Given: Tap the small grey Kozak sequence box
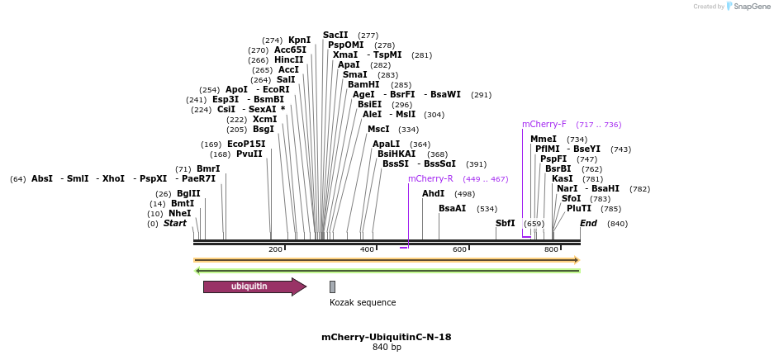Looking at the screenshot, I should coord(332,287).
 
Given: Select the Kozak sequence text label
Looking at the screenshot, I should coord(363,302).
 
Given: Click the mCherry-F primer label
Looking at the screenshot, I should coord(544,125).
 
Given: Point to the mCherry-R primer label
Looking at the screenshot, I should coord(430,178).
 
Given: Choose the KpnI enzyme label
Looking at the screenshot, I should coord(299,40).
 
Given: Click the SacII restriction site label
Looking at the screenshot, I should coord(335,36).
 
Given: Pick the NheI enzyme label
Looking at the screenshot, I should coord(179,213).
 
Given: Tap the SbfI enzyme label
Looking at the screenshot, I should coord(505,223).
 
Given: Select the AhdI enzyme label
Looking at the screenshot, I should coord(433,193).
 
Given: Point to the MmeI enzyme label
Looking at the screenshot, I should coord(544,139).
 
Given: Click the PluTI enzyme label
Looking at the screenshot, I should coord(578,208).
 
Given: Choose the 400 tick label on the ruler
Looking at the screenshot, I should coord(367,249).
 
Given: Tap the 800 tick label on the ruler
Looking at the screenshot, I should coord(551,249).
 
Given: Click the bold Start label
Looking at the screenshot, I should coord(175,223).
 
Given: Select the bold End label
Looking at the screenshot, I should coord(588,223).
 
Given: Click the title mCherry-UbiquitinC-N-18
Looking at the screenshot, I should coord(387,337).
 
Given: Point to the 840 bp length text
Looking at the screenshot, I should coord(387,348).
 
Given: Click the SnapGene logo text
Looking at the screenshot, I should coord(753,7).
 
